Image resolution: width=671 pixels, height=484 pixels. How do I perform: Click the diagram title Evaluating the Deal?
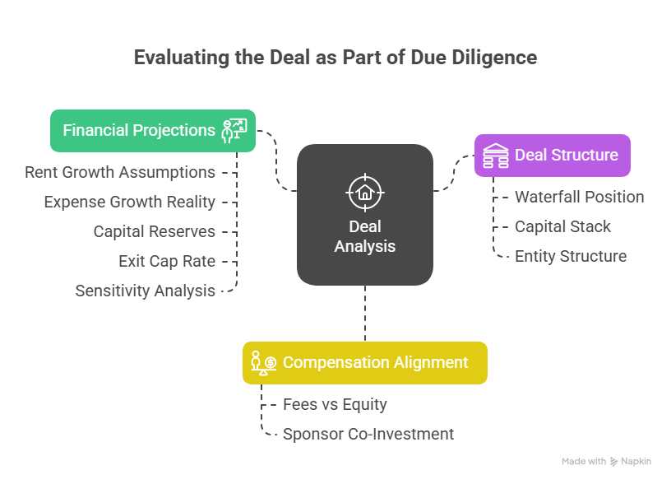click(x=335, y=58)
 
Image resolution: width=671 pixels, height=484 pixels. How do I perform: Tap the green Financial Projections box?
click(x=140, y=131)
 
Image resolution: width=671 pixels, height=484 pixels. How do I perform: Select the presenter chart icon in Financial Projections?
click(x=234, y=131)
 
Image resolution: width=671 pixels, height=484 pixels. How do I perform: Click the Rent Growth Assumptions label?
click(x=120, y=172)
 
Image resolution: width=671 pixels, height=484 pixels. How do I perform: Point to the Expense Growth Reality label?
click(x=130, y=202)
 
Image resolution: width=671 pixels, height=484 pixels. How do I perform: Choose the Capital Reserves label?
click(x=155, y=231)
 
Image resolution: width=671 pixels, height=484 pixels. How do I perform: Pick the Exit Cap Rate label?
click(x=167, y=261)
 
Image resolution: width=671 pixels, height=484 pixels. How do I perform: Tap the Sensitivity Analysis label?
click(x=146, y=291)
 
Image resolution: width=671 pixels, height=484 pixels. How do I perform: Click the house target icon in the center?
click(x=364, y=192)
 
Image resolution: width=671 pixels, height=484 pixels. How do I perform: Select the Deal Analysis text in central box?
click(x=364, y=236)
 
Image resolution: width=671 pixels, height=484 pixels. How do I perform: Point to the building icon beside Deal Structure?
click(x=495, y=155)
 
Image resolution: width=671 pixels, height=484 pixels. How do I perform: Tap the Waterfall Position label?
click(x=579, y=197)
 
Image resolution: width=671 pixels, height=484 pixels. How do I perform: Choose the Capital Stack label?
click(x=562, y=226)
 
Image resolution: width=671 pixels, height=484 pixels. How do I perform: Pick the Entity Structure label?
click(x=571, y=256)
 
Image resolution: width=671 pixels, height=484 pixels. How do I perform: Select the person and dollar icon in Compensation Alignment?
click(x=263, y=362)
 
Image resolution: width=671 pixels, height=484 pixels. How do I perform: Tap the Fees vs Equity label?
click(x=335, y=404)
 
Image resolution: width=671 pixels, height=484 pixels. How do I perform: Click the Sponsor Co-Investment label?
click(x=368, y=434)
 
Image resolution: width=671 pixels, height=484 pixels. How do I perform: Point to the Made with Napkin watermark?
click(x=606, y=462)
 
